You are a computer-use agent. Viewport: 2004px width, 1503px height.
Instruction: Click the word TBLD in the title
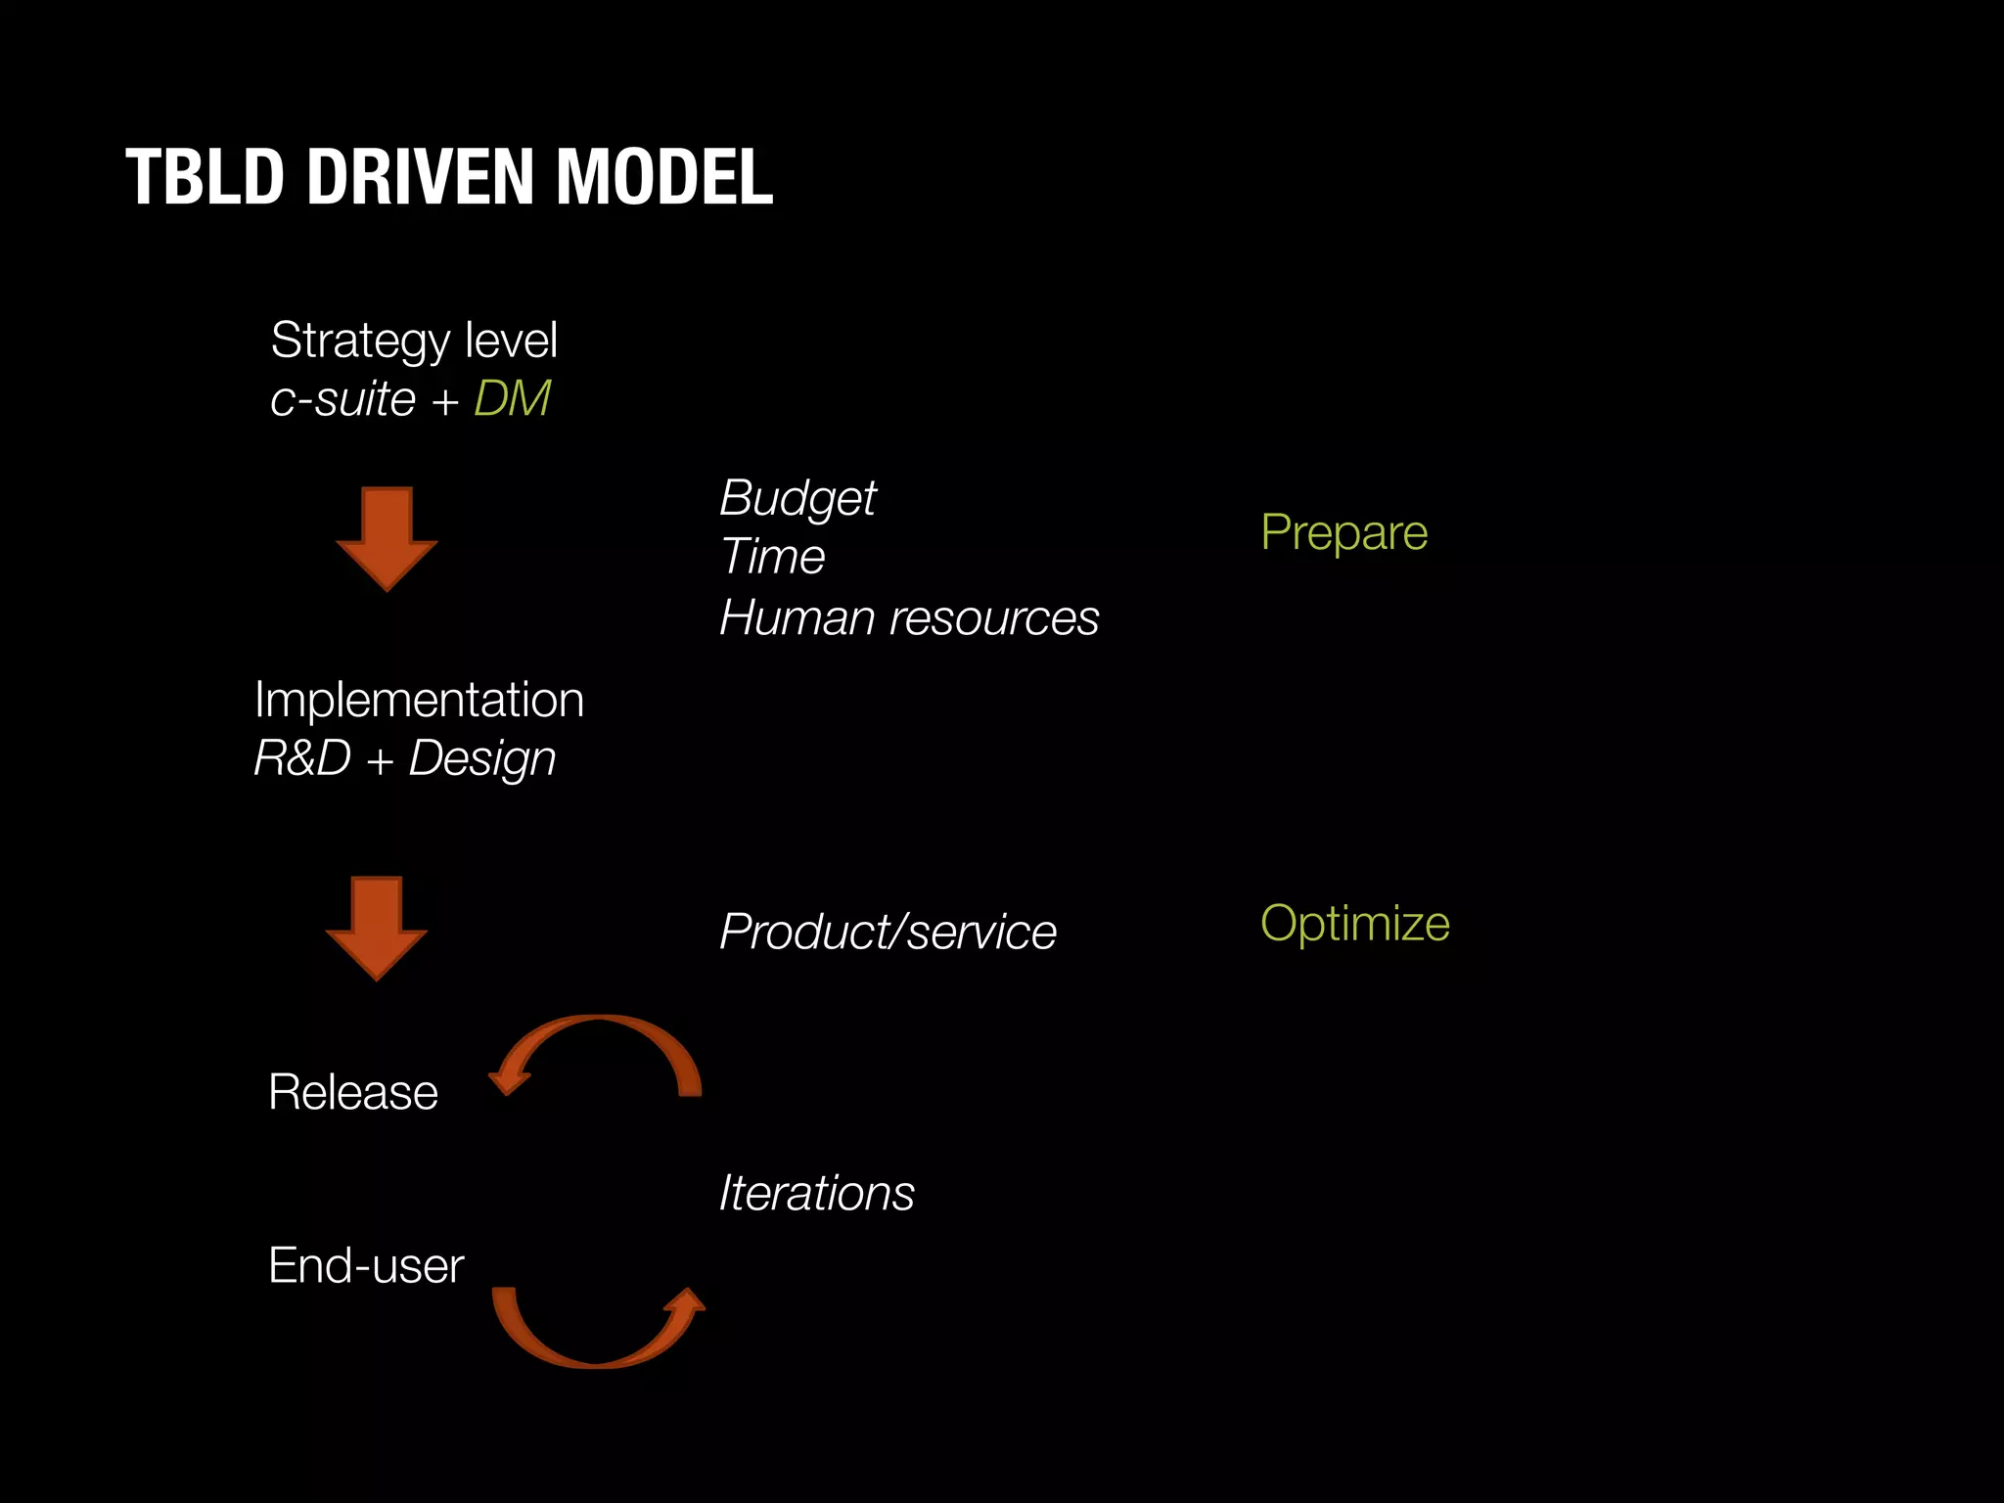[x=204, y=177]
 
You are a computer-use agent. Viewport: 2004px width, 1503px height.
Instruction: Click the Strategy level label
[x=414, y=341]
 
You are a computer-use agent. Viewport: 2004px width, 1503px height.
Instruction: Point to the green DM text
[x=512, y=398]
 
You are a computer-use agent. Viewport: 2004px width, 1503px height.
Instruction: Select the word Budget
[x=797, y=499]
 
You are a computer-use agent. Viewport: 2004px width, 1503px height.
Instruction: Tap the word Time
[x=772, y=557]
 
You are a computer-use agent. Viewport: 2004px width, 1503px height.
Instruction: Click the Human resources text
[x=909, y=617]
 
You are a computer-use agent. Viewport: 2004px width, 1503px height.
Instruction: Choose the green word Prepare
[x=1344, y=532]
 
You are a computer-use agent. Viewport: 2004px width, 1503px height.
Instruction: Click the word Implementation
[x=419, y=700]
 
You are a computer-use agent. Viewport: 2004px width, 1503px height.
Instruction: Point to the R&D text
[x=302, y=757]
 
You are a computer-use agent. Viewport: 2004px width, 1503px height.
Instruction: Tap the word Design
[x=482, y=759]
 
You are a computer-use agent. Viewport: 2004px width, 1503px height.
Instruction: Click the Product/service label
[x=888, y=931]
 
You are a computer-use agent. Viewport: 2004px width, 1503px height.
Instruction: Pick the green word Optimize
[x=1354, y=923]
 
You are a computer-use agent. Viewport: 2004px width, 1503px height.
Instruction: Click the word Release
[x=353, y=1092]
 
